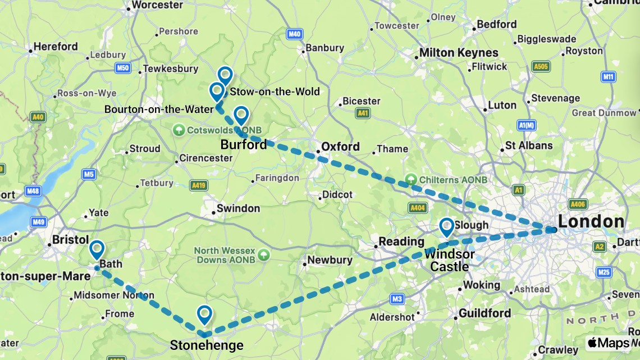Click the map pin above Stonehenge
pyautogui.click(x=204, y=315)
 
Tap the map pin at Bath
pyautogui.click(x=97, y=249)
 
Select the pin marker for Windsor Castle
pyautogui.click(x=446, y=227)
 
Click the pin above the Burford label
pyautogui.click(x=241, y=115)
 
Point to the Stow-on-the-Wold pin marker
pyautogui.click(x=225, y=75)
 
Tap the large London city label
pyautogui.click(x=591, y=221)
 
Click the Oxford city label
pyautogui.click(x=340, y=147)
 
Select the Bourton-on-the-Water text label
pyautogui.click(x=159, y=110)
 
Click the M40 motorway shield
pyautogui.click(x=294, y=34)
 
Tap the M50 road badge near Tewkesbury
pyautogui.click(x=123, y=69)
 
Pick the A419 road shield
pyautogui.click(x=198, y=185)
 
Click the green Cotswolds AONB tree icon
pyautogui.click(x=179, y=130)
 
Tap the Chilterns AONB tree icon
pyautogui.click(x=411, y=180)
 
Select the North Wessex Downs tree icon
pyautogui.click(x=264, y=255)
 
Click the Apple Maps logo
pyautogui.click(x=609, y=343)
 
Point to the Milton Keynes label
pyautogui.click(x=459, y=53)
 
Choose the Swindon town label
pyautogui.click(x=238, y=208)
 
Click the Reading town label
pyautogui.click(x=401, y=241)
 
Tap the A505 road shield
pyautogui.click(x=541, y=67)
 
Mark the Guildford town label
pyautogui.click(x=484, y=313)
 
